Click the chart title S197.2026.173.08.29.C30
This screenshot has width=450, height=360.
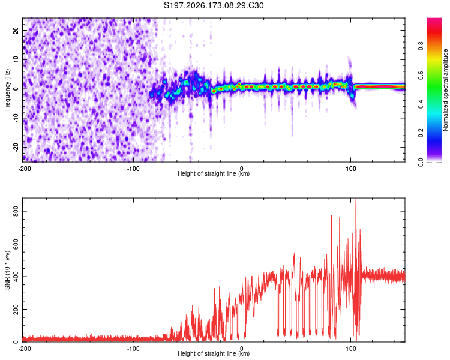pyautogui.click(x=214, y=5)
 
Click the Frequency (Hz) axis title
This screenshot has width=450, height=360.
pyautogui.click(x=7, y=90)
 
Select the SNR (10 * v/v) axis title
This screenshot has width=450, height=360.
pyautogui.click(x=7, y=270)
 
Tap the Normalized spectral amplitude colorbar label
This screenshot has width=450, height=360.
pyautogui.click(x=445, y=90)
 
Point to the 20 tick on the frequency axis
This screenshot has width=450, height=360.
pyautogui.click(x=16, y=30)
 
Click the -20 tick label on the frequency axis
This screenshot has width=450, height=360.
pyautogui.click(x=16, y=147)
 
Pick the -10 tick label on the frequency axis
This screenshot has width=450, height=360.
pyautogui.click(x=16, y=118)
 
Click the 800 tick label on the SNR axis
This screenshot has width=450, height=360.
pyautogui.click(x=16, y=211)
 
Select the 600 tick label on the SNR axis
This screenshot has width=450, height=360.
pyautogui.click(x=16, y=244)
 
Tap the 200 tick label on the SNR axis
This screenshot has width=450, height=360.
pyautogui.click(x=16, y=309)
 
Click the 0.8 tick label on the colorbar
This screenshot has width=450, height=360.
pyautogui.click(x=421, y=46)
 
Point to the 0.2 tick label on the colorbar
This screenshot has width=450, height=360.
pyautogui.click(x=421, y=133)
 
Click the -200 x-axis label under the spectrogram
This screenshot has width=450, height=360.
pyautogui.click(x=25, y=169)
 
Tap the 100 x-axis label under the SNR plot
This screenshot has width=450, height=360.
pyautogui.click(x=351, y=349)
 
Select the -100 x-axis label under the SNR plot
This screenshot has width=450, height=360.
pyautogui.click(x=133, y=349)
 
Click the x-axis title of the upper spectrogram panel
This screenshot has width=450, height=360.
pyautogui.click(x=214, y=173)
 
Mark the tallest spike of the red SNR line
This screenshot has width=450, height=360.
pyautogui.click(x=355, y=199)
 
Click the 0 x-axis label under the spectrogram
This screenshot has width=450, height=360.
pyautogui.click(x=242, y=169)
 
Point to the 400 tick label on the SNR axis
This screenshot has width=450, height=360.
pyautogui.click(x=16, y=277)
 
